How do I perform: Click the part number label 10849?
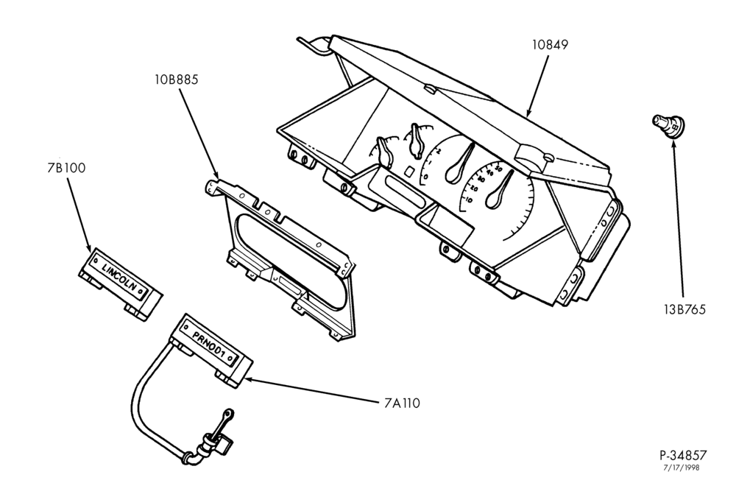pyautogui.click(x=550, y=45)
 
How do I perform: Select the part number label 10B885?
pyautogui.click(x=177, y=80)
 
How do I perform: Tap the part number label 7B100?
pyautogui.click(x=66, y=168)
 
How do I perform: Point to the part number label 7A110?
pyautogui.click(x=399, y=403)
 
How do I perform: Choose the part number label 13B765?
pyautogui.click(x=684, y=310)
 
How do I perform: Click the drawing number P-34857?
pyautogui.click(x=682, y=455)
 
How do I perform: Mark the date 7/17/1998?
pyautogui.click(x=681, y=468)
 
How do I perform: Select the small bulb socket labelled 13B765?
pyautogui.click(x=669, y=126)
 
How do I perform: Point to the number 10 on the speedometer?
pyautogui.click(x=468, y=200)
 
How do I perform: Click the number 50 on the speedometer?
pyautogui.click(x=499, y=168)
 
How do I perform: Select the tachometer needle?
pyautogui.click(x=459, y=163)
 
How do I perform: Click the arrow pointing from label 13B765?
pyautogui.click(x=678, y=216)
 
